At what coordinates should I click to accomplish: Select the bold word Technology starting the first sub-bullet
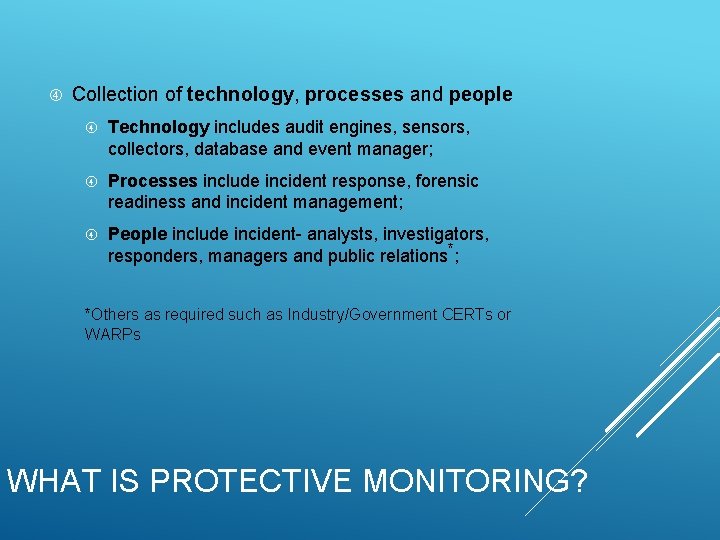coord(158,128)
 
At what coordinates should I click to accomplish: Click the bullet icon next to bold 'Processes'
coord(91,181)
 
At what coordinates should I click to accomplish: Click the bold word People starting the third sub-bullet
coord(137,234)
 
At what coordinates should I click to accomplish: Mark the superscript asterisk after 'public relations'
coord(451,248)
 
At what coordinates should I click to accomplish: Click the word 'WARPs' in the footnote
coord(113,334)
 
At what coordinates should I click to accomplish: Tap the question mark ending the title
coord(577,481)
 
